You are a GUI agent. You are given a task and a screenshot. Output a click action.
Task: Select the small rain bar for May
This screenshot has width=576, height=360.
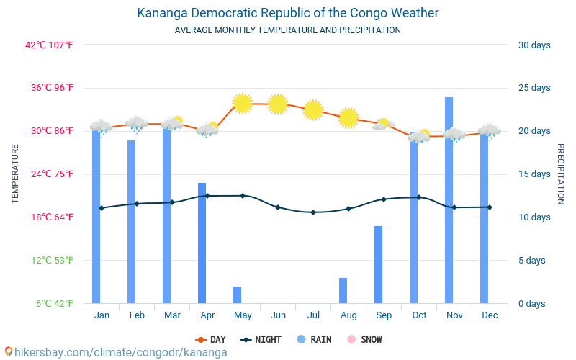tap(237, 295)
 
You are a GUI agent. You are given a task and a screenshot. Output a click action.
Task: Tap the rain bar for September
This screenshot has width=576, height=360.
tap(378, 265)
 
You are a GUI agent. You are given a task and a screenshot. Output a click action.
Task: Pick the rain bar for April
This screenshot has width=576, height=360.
tap(202, 245)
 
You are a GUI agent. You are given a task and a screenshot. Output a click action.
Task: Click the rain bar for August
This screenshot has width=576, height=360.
tap(343, 291)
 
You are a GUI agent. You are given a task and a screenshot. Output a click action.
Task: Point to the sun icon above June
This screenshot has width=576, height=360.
tap(278, 104)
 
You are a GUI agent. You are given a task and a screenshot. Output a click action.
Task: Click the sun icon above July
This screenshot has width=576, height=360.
tap(313, 109)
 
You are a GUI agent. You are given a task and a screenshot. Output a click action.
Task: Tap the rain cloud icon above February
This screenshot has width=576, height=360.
tap(136, 124)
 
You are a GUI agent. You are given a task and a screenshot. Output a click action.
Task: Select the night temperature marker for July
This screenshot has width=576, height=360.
tap(313, 212)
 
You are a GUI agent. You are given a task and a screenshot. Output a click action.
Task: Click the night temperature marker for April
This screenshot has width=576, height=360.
tap(207, 196)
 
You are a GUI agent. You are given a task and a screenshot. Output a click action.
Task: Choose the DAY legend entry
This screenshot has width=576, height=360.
tap(212, 340)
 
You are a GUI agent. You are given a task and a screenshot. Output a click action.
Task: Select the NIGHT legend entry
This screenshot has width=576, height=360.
tap(261, 340)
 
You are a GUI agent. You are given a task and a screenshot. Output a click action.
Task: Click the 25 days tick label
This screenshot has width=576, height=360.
tap(534, 88)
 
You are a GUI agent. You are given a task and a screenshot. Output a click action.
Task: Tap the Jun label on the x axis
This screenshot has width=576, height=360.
tap(278, 315)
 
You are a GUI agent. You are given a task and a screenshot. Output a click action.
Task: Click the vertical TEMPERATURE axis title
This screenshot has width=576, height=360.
tap(16, 174)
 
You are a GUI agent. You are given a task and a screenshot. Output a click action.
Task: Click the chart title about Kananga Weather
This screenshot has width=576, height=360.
tap(288, 13)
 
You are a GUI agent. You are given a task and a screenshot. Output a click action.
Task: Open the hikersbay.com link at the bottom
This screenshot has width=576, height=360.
tap(115, 353)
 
